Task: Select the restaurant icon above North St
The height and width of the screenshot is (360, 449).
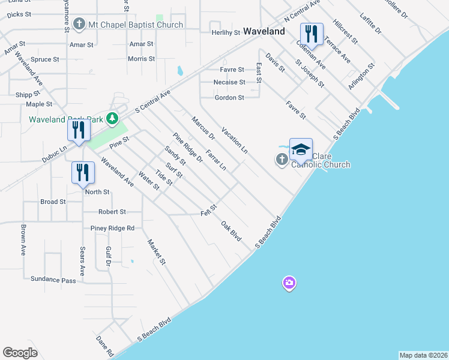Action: tap(83, 172)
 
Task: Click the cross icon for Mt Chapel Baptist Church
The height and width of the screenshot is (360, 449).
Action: tap(79, 25)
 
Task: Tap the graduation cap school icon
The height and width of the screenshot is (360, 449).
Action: tap(301, 149)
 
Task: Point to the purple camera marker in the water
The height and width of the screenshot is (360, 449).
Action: tap(289, 283)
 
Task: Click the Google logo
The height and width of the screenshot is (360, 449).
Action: tap(20, 353)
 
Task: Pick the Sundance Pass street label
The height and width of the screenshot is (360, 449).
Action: tap(53, 280)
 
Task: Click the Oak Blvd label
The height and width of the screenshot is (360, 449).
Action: tap(231, 231)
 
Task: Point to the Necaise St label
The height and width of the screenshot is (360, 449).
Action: tap(229, 82)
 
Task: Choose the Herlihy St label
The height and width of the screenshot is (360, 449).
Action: tap(226, 32)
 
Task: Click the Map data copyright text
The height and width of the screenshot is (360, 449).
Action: tap(423, 355)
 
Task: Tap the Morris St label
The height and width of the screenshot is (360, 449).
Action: tap(142, 59)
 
